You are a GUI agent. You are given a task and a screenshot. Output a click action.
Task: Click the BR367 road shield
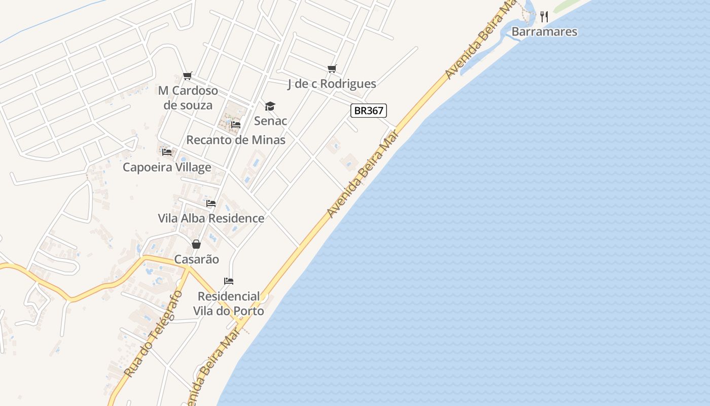pos(369,111)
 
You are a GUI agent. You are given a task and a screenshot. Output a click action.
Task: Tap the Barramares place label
pos(544,32)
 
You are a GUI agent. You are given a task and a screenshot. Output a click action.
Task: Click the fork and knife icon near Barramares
pos(544,17)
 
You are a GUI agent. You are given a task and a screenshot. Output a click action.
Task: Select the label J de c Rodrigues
pos(332,84)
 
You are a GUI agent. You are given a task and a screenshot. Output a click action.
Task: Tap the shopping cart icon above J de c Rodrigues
pos(332,69)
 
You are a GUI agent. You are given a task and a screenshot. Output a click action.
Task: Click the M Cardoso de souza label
pos(188,98)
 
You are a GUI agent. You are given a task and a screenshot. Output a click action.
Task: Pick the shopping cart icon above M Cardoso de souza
pos(188,76)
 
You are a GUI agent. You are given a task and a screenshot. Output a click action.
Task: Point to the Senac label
pos(270,121)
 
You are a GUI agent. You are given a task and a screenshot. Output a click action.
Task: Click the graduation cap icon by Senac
pos(270,106)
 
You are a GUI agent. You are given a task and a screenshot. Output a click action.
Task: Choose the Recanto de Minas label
pos(236,140)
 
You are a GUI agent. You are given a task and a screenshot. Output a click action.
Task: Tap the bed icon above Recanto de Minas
pos(235,125)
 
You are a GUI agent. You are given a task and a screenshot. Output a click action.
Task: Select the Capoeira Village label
pos(167,167)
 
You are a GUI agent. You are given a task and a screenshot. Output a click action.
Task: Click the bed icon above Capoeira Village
pos(167,152)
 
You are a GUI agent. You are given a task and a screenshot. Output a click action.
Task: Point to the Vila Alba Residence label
pos(211,218)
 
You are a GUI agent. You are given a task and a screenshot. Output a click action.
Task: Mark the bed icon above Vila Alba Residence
pos(211,204)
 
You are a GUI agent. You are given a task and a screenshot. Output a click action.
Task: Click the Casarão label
pos(197,259)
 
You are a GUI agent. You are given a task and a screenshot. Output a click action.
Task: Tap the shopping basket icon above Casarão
pos(196,244)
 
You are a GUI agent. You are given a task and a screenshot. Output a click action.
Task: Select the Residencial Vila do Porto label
pos(229,303)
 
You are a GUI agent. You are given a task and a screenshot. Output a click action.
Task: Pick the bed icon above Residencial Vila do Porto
pos(229,281)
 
